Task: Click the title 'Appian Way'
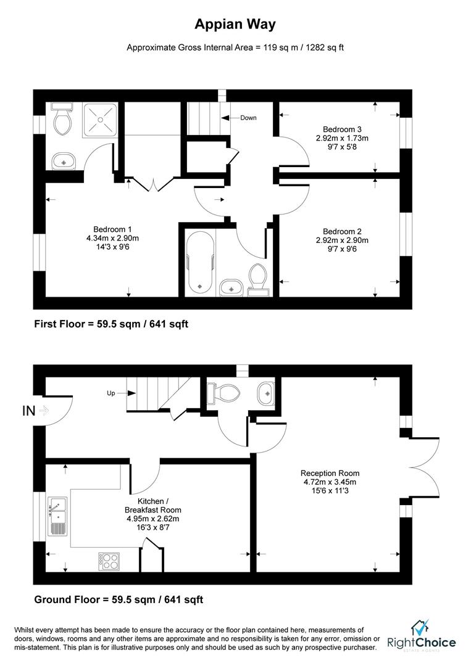pyautogui.click(x=235, y=25)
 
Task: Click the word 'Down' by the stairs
pyautogui.click(x=248, y=118)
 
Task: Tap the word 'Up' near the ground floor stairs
pyautogui.click(x=111, y=392)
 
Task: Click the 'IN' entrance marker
pyautogui.click(x=28, y=410)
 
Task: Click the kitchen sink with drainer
pyautogui.click(x=56, y=513)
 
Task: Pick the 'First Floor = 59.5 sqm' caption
pyautogui.click(x=111, y=324)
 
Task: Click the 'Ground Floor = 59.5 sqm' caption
pyautogui.click(x=119, y=599)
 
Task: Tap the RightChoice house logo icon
pyautogui.click(x=420, y=628)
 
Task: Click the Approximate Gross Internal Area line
pyautogui.click(x=235, y=47)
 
